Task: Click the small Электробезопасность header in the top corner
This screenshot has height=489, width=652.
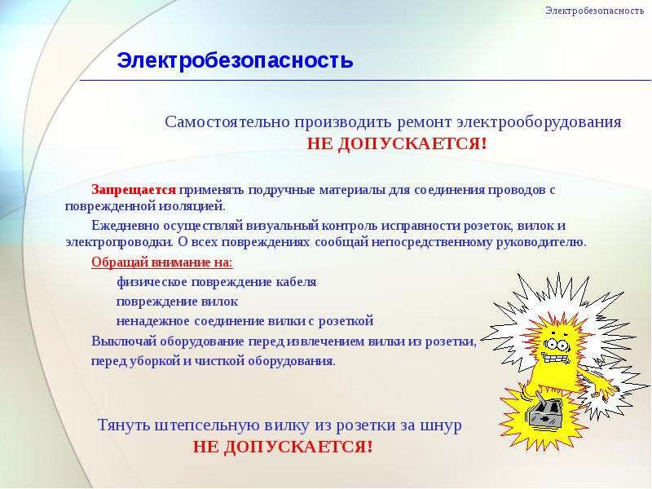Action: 595,11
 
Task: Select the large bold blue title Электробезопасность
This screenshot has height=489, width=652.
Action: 235,60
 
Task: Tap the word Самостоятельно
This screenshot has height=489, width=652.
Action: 227,122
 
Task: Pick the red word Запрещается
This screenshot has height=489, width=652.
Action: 134,190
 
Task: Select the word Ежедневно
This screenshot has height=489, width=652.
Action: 125,226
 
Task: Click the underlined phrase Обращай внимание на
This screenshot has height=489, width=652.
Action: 162,262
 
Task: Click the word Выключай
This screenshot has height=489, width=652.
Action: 124,341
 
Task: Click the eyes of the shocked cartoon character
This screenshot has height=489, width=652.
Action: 557,343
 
